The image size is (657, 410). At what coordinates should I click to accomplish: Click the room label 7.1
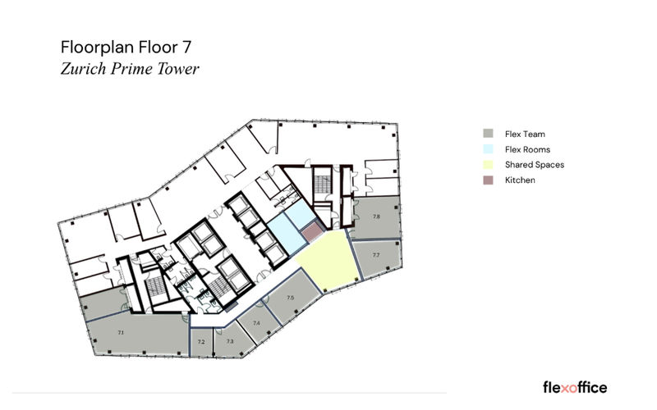coord(121,333)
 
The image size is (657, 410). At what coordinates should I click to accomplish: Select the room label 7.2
coord(201,342)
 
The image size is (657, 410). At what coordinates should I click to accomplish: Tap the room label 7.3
coord(230,341)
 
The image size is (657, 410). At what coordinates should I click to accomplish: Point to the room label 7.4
coord(256,323)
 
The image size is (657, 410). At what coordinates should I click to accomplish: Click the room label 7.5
coord(291,298)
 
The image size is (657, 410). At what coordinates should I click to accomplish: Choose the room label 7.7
coord(376,255)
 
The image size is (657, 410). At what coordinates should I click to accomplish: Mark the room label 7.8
coord(376,216)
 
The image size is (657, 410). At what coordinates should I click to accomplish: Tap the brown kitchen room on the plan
coord(312,232)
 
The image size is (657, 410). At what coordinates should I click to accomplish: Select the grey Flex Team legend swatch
coord(488,134)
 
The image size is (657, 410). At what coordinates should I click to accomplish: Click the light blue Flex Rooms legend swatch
coord(488,149)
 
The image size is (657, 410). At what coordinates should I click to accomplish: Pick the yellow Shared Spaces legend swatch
coord(488,165)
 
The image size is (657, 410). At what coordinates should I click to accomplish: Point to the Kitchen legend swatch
coord(488,180)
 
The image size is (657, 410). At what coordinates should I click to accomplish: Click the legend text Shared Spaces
coord(535,165)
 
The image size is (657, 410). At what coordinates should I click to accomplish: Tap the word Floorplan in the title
coord(97,48)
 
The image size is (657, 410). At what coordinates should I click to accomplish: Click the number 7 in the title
coord(186,48)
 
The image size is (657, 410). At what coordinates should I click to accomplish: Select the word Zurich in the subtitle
coord(84,69)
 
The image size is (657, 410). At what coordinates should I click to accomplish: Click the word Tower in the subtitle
coord(178,69)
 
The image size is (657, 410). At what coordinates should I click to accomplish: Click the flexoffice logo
coord(575,387)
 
